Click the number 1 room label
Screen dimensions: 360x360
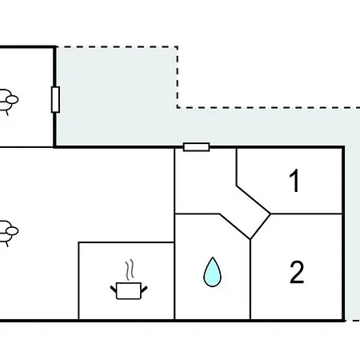click(x=294, y=181)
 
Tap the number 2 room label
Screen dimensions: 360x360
click(x=297, y=272)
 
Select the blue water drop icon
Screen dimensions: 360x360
click(x=212, y=272)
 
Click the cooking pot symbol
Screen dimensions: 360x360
click(x=129, y=290)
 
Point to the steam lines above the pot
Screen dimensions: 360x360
click(x=130, y=270)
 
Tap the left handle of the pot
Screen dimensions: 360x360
click(x=114, y=289)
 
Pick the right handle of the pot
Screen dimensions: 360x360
click(x=144, y=289)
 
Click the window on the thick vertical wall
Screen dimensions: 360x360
click(x=55, y=99)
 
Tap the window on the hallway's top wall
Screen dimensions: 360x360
click(x=197, y=147)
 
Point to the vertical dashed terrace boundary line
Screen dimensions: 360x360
click(x=177, y=77)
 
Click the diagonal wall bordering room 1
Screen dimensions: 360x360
click(x=254, y=199)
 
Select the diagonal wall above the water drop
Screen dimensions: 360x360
click(x=235, y=226)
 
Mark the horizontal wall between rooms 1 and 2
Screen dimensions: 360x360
click(x=306, y=214)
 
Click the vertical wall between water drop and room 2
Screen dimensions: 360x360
click(x=250, y=279)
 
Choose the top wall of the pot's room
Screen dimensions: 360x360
click(x=126, y=242)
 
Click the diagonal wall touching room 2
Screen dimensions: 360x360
click(x=261, y=226)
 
